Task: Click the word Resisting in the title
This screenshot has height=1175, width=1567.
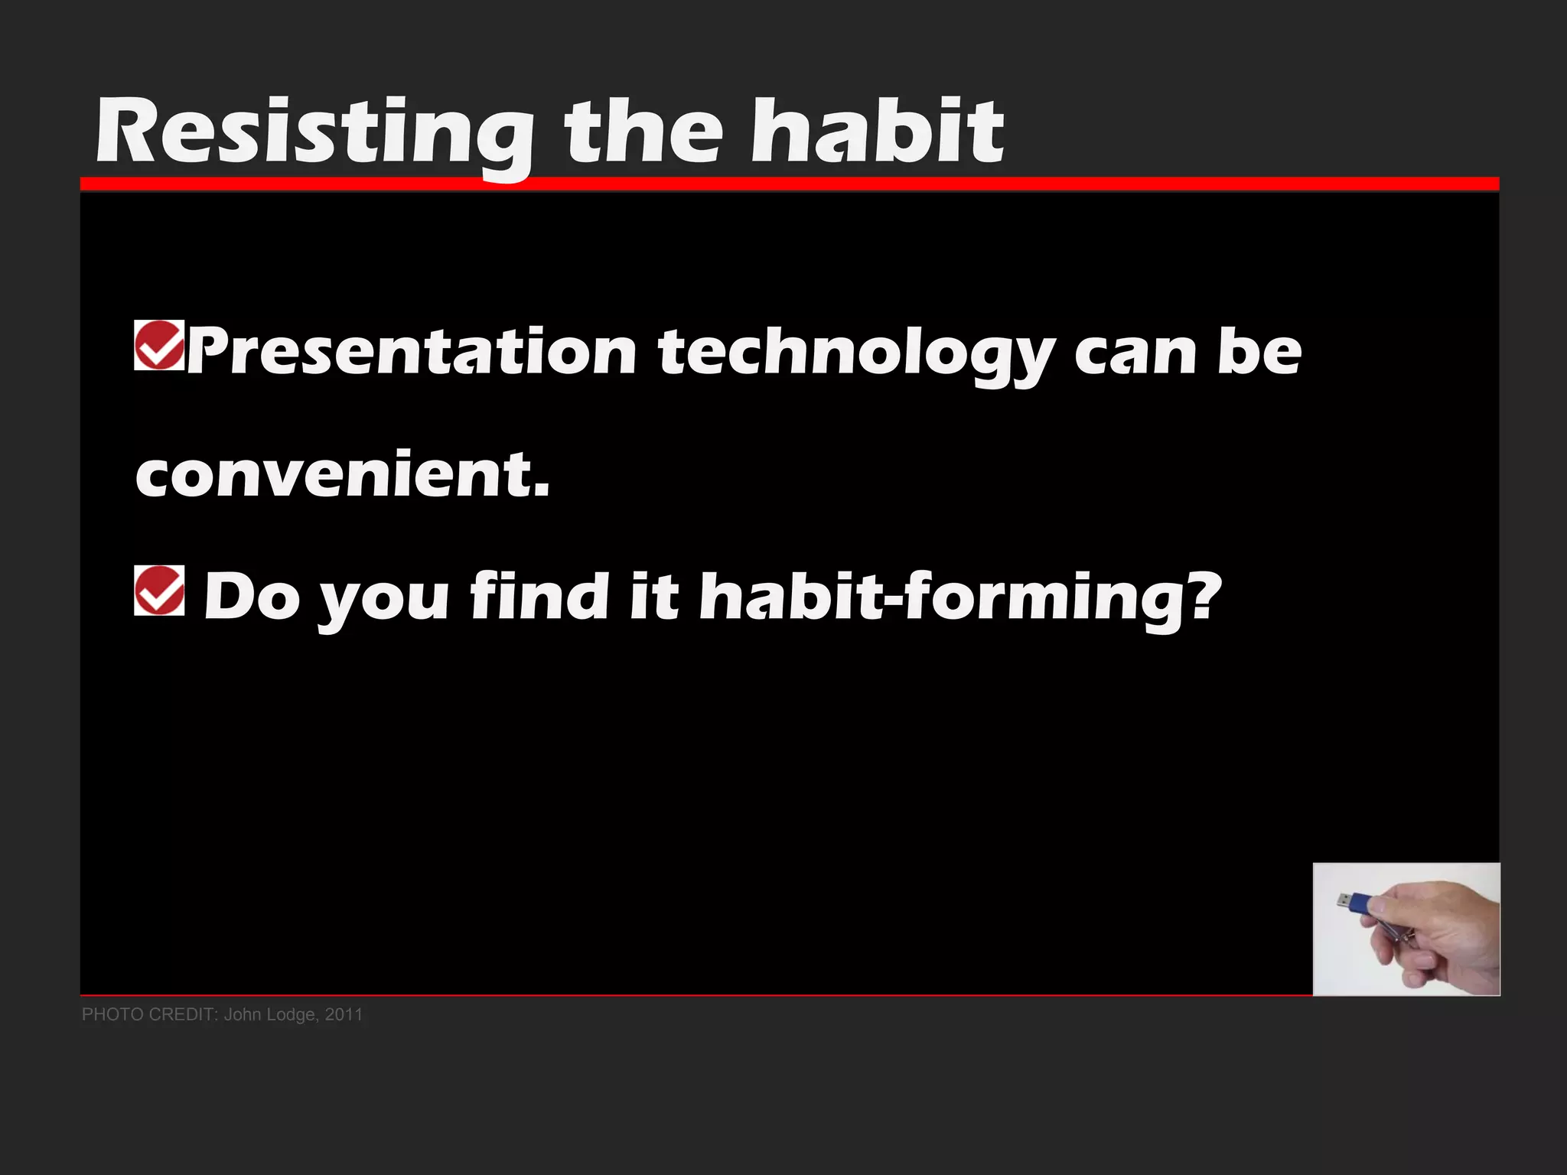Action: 314,132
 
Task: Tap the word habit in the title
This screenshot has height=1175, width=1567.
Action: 878,132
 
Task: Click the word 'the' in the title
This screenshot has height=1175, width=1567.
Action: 643,132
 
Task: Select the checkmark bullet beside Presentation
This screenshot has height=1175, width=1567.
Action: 159,346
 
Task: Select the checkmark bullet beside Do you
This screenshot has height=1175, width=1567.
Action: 159,591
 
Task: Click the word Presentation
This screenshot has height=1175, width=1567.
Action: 412,352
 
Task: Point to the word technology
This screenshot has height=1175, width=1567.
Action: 855,353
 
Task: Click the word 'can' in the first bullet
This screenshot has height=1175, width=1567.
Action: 1135,353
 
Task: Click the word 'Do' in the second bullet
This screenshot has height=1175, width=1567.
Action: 252,597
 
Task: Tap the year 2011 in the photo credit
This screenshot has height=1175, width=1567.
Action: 344,1014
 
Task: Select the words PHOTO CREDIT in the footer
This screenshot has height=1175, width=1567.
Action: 150,1014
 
